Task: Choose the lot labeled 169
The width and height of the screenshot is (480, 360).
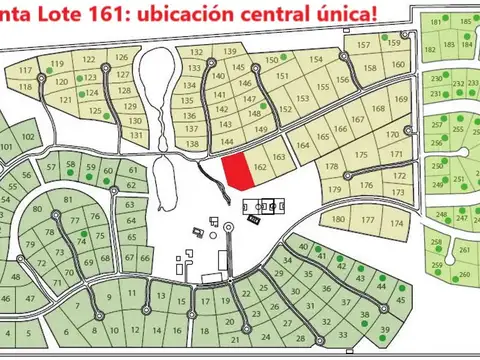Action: [402, 99]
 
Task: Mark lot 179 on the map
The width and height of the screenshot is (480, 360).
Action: [336, 189]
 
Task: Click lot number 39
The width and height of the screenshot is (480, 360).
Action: [385, 331]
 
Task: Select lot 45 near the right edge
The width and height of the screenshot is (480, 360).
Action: [401, 300]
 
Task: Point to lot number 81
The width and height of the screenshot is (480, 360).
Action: [68, 200]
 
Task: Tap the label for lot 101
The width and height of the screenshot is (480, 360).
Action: [6, 148]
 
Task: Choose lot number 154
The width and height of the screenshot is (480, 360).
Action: [316, 60]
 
